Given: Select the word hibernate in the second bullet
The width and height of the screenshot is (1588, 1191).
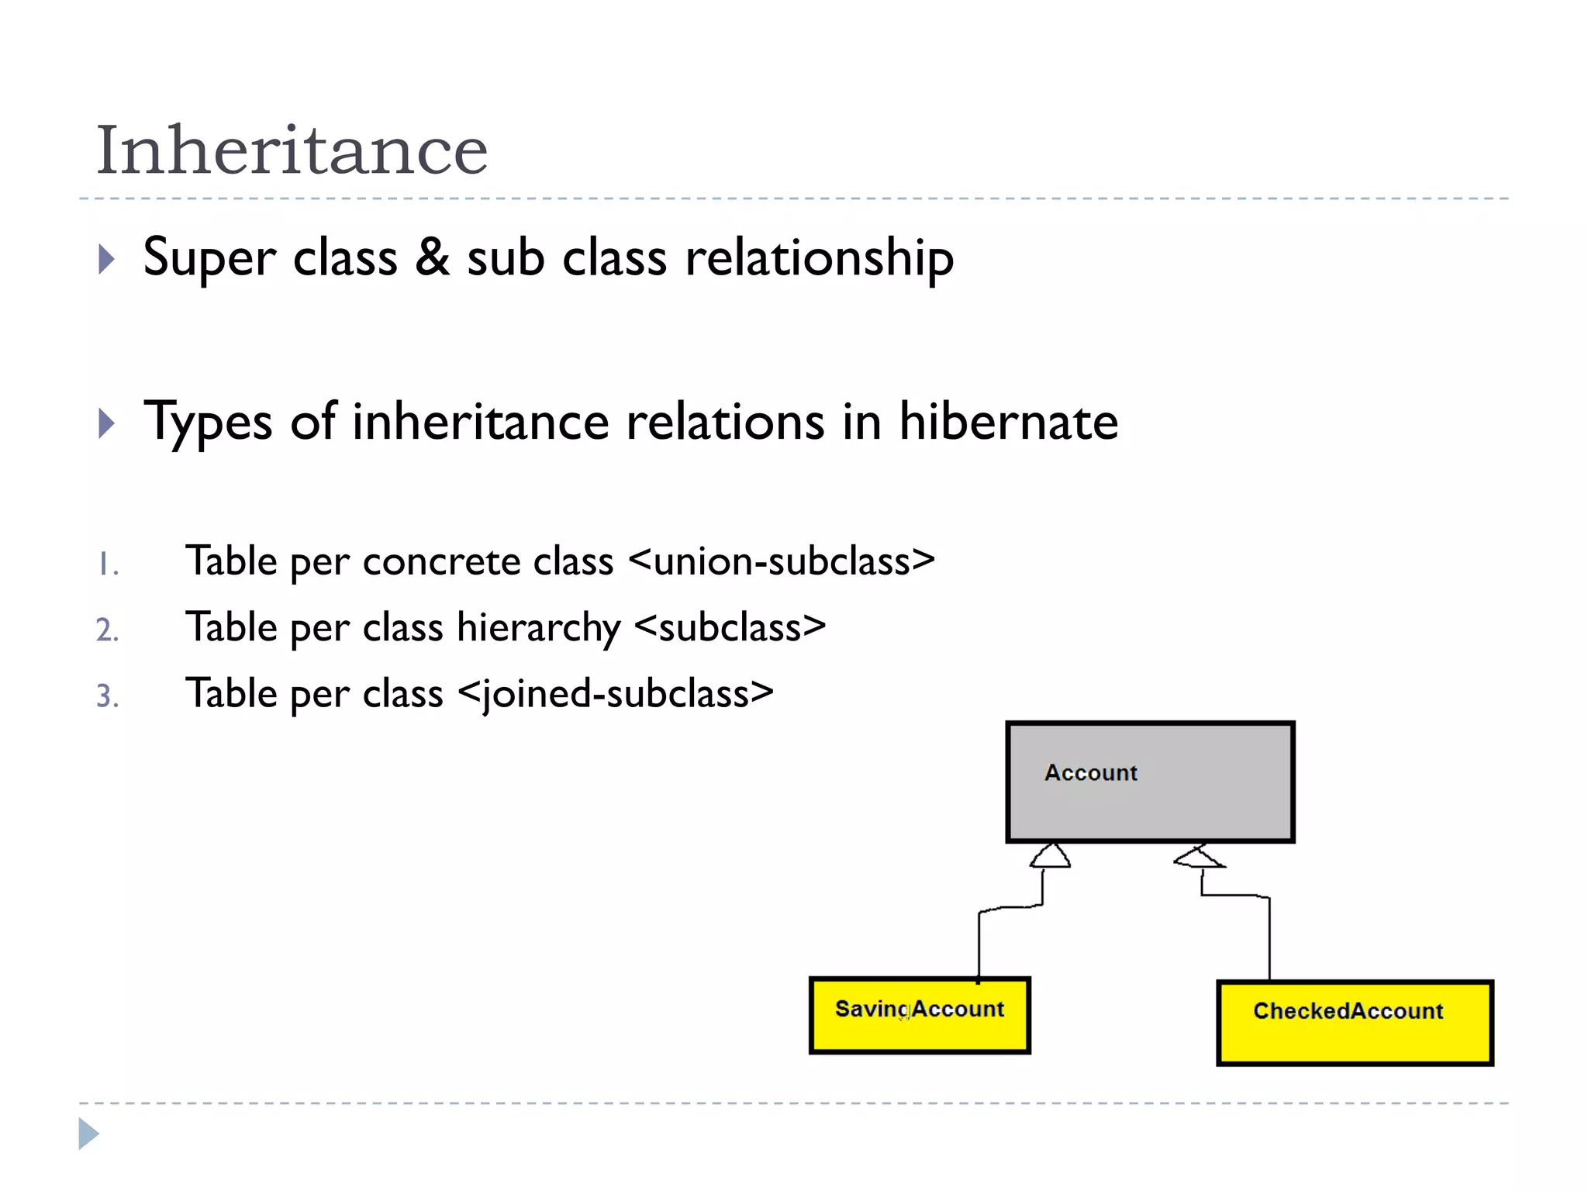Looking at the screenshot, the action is click(x=1008, y=422).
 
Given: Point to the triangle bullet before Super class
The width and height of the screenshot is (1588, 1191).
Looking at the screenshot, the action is click(x=107, y=259).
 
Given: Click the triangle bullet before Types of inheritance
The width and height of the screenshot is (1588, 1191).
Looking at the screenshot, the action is click(x=107, y=423).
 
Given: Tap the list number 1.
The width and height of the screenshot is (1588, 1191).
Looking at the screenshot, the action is click(x=107, y=564).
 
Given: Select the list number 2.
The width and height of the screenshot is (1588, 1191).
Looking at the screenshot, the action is click(x=107, y=630).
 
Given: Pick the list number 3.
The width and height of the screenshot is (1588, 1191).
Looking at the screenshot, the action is click(x=107, y=696).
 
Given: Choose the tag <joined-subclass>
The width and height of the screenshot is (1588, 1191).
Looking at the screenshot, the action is click(x=616, y=693).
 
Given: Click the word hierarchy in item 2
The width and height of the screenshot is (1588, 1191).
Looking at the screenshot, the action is click(x=538, y=627).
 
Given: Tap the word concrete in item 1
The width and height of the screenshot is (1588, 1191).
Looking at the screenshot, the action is click(x=441, y=561).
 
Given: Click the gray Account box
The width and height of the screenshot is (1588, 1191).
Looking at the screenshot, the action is click(x=1150, y=782).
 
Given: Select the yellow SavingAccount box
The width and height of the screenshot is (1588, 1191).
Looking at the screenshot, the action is click(x=920, y=1015).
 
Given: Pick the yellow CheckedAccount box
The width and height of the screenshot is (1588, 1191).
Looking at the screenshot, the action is click(x=1355, y=1022).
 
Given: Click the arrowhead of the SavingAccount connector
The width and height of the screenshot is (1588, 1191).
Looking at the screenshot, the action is click(x=1051, y=855).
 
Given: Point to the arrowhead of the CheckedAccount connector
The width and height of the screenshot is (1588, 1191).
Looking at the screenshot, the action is click(x=1199, y=857).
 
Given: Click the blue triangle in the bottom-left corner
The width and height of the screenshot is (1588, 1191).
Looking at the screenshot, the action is click(x=88, y=1134).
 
